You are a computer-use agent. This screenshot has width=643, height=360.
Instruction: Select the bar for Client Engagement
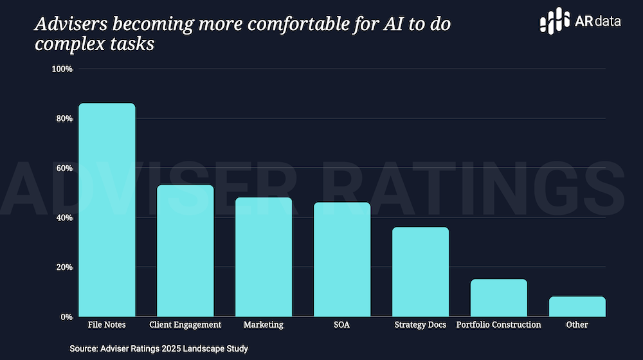185,251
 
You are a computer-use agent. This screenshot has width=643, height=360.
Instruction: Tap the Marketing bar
264,256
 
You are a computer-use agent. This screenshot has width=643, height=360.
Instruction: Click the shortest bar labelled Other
577,307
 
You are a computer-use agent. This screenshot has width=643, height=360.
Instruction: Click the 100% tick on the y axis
62,69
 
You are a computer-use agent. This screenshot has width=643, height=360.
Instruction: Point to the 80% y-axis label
64,119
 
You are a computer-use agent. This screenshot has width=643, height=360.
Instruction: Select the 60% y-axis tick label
64,168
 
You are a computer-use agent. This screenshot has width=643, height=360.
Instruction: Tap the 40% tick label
64,218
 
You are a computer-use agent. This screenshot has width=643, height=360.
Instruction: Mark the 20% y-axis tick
64,267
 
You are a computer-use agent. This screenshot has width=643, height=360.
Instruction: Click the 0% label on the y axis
66,317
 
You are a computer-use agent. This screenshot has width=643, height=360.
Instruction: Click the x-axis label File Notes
107,325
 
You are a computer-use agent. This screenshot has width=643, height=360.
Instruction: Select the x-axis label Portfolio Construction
498,325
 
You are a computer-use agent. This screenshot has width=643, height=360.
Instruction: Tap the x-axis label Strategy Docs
421,325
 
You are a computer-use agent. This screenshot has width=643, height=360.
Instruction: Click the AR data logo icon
555,21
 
